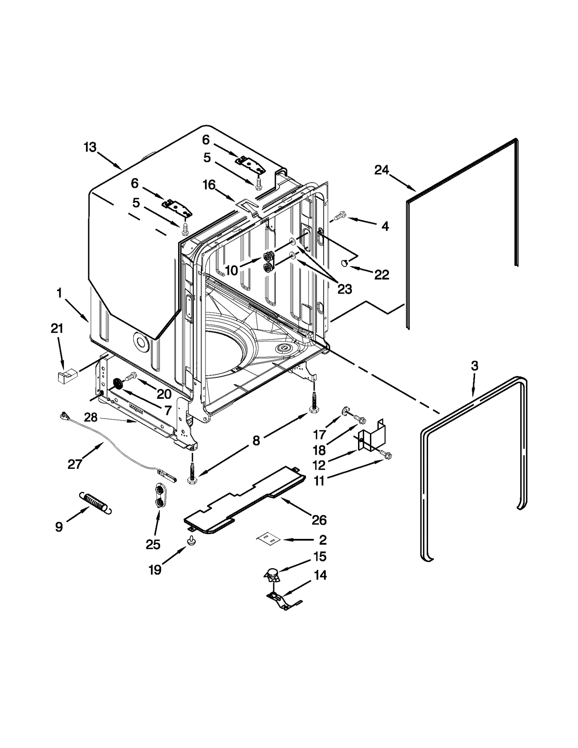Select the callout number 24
381,170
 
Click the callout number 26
319,520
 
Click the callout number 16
209,185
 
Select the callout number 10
232,270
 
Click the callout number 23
344,289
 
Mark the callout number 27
75,464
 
